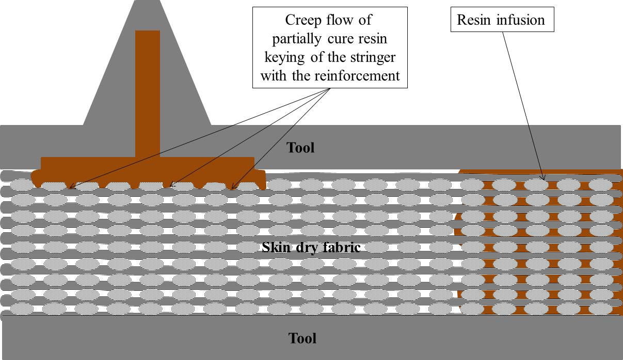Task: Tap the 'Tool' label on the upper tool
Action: coord(300,148)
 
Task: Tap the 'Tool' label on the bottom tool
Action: coord(302,339)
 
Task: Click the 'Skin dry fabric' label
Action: coord(311,247)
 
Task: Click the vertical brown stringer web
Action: coord(148,93)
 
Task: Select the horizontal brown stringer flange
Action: coord(147,164)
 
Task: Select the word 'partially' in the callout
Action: coord(295,39)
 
